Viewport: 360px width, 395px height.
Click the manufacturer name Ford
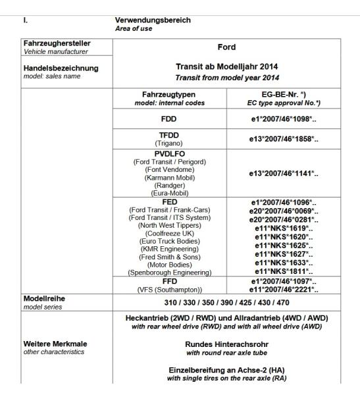[x=227, y=47]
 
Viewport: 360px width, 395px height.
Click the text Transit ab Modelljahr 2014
[x=227, y=66]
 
